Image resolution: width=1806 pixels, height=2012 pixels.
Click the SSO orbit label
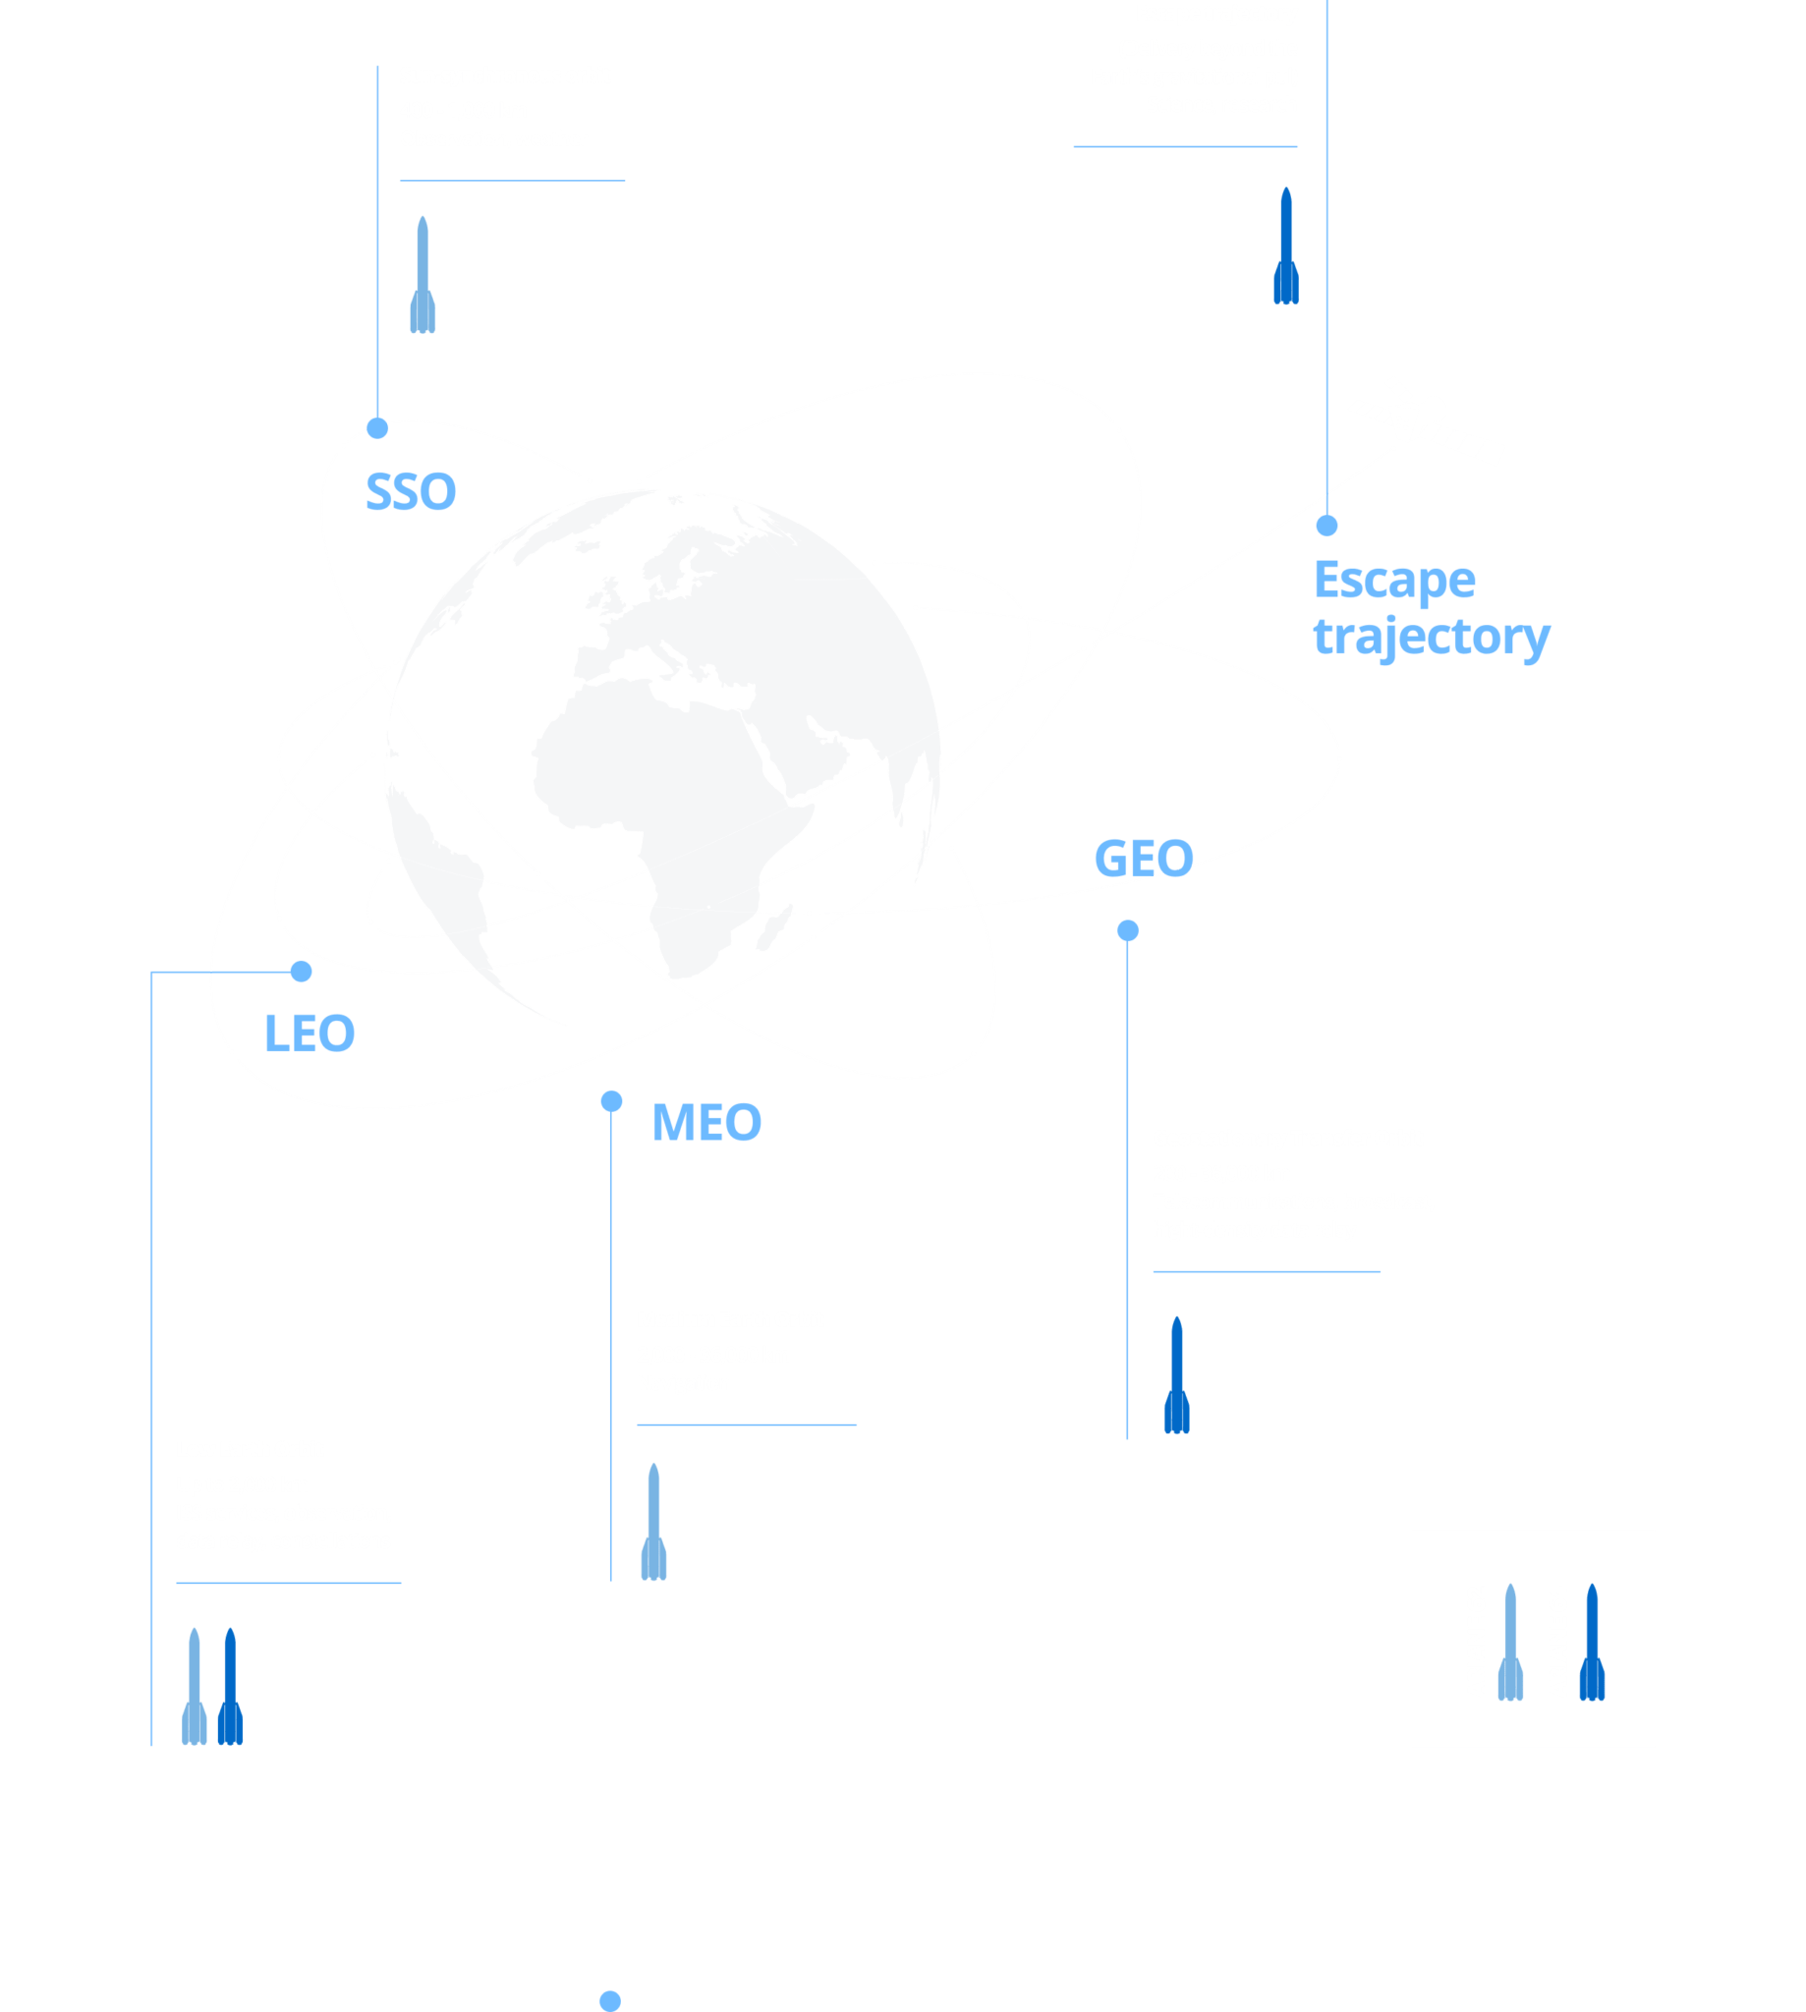point(410,492)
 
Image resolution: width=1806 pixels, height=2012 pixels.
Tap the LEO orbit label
point(309,1034)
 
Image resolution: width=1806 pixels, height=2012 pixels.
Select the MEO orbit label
point(705,1123)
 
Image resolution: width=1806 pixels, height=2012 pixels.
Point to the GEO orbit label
point(1142,860)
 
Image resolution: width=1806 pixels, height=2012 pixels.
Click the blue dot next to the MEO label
point(611,1101)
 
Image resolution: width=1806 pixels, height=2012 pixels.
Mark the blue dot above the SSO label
point(377,427)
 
